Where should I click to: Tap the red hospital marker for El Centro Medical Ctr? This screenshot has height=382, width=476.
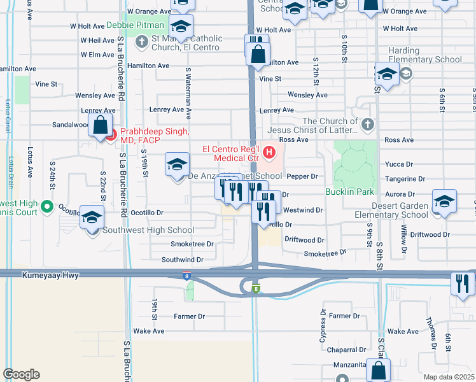(x=269, y=152)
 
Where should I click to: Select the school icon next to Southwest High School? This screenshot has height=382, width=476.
(x=92, y=219)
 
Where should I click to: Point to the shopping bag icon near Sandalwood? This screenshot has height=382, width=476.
(x=101, y=125)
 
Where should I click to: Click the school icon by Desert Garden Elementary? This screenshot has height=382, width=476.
(x=444, y=202)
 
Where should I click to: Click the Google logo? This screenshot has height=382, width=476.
(x=21, y=374)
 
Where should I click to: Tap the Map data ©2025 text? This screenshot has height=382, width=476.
(x=449, y=376)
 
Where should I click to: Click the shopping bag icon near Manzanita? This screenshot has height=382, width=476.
(x=379, y=371)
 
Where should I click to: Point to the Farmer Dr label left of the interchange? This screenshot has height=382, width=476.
(x=190, y=316)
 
